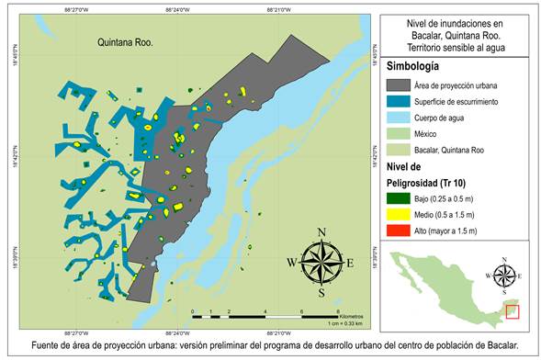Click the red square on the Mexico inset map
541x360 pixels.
(x=513, y=311)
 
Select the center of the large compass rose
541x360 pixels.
(x=321, y=260)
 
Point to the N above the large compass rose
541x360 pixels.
(x=321, y=231)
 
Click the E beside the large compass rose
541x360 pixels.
(x=351, y=262)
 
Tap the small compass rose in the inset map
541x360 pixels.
(x=502, y=274)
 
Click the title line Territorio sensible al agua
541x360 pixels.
(x=456, y=47)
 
